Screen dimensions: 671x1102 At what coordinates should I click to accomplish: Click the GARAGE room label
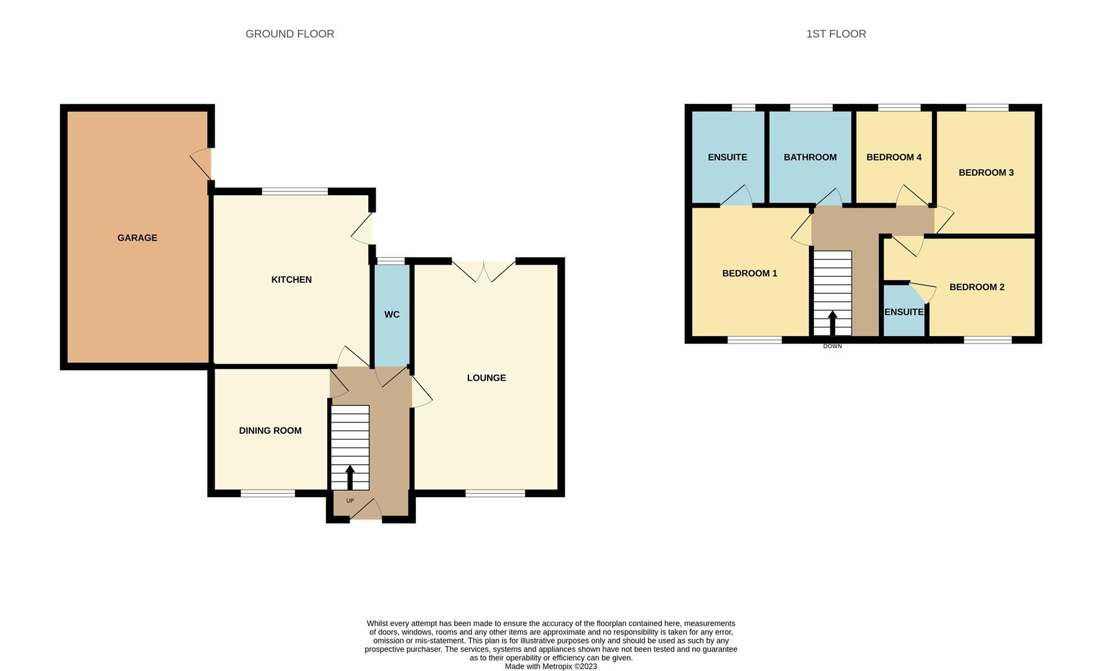[x=137, y=238]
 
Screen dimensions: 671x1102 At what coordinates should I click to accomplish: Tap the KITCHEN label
[x=291, y=280]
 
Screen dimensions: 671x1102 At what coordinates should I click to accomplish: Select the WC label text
[x=392, y=314]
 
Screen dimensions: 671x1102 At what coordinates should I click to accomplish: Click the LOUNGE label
[x=486, y=378]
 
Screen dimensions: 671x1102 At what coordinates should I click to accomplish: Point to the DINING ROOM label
[x=270, y=431]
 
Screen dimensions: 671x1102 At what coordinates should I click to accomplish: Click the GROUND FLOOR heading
[x=290, y=34]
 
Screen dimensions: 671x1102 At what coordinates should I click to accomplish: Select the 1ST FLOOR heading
[x=836, y=34]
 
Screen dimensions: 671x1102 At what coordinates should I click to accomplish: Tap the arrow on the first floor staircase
[x=832, y=322]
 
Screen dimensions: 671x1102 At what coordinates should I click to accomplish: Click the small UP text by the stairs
[x=350, y=501]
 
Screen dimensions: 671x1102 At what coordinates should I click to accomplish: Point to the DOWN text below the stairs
[x=832, y=346]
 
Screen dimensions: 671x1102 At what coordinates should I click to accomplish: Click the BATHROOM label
[x=810, y=157]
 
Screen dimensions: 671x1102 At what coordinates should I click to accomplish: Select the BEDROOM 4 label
[x=894, y=157]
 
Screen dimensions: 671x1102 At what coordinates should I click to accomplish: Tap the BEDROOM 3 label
[x=986, y=173]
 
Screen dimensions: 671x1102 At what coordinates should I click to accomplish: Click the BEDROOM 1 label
[x=749, y=273]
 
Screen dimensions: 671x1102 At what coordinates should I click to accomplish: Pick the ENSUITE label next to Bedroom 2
[x=904, y=312]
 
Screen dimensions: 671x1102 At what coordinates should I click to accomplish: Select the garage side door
[x=202, y=163]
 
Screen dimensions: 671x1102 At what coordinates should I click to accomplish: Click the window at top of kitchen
[x=294, y=191]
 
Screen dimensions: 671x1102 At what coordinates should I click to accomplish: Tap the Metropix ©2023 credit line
[x=550, y=667]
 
